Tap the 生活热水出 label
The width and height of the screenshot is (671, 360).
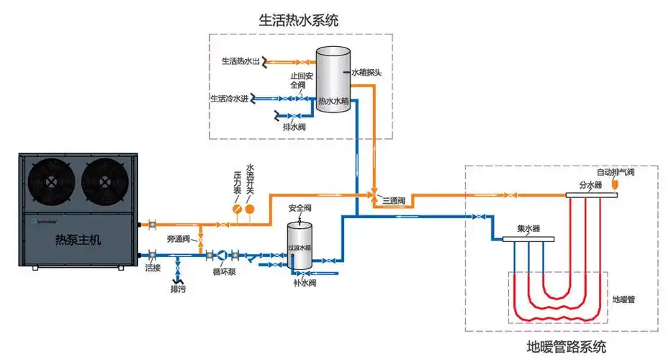[240, 61]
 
